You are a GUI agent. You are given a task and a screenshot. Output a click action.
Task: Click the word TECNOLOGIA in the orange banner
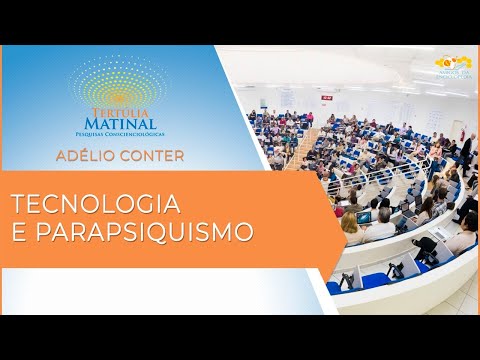pos(96,205)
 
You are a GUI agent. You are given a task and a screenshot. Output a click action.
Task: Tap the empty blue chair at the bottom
pos(376,279)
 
